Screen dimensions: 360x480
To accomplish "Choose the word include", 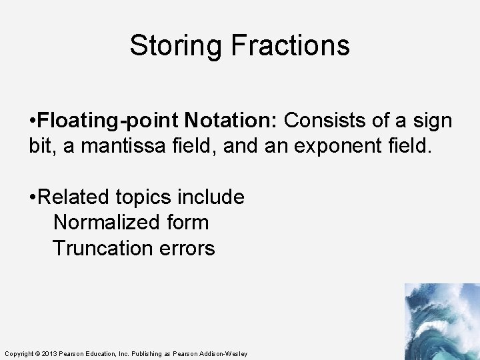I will point(211,197).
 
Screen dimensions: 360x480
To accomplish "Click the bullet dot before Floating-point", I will point(33,121).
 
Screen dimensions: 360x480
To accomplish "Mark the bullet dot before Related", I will point(33,198).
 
